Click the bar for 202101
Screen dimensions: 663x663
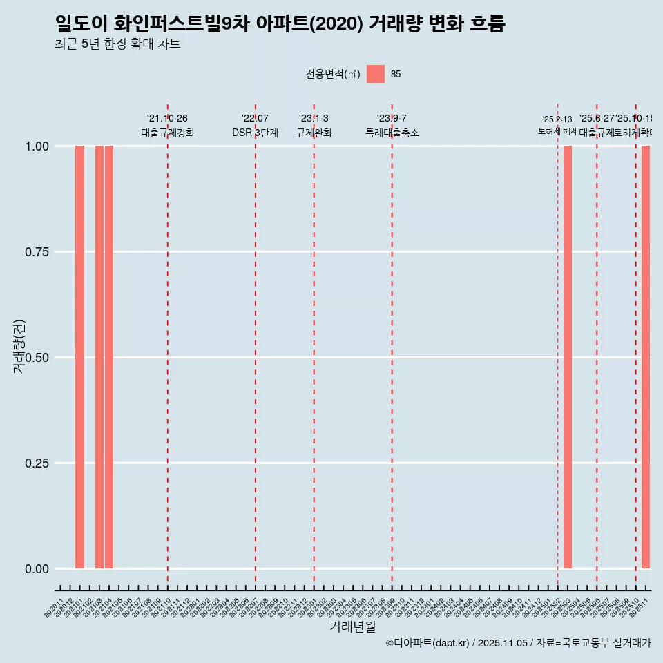(x=79, y=357)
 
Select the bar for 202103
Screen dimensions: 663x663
(x=99, y=357)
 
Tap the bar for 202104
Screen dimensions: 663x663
(x=109, y=357)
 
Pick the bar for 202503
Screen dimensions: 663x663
(x=568, y=357)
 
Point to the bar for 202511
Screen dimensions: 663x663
(x=646, y=357)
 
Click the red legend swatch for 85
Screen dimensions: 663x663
(x=376, y=74)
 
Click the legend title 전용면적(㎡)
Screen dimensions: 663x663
(x=333, y=75)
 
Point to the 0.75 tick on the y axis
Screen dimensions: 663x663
(x=37, y=252)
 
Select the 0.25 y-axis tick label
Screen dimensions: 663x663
(x=37, y=463)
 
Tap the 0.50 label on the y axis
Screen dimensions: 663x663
(x=37, y=358)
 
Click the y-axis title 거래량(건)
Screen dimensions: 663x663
(x=19, y=347)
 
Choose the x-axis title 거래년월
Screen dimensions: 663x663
(x=353, y=626)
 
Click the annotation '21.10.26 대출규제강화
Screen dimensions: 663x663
(x=168, y=126)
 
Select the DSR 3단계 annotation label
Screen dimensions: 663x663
(x=255, y=133)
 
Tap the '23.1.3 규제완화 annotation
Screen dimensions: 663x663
(x=314, y=126)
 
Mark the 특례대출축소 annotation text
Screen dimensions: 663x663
(x=392, y=133)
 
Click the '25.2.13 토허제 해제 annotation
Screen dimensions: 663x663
(x=557, y=125)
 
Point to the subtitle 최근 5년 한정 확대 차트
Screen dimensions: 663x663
(x=117, y=44)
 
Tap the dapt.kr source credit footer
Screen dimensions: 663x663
(x=518, y=643)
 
